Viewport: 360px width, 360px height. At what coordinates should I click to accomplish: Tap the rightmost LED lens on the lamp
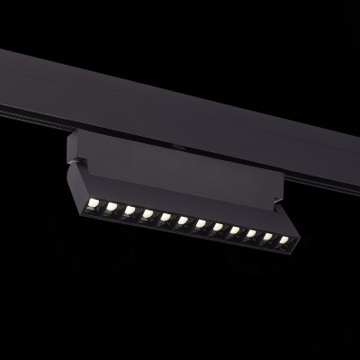pos(283,239)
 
